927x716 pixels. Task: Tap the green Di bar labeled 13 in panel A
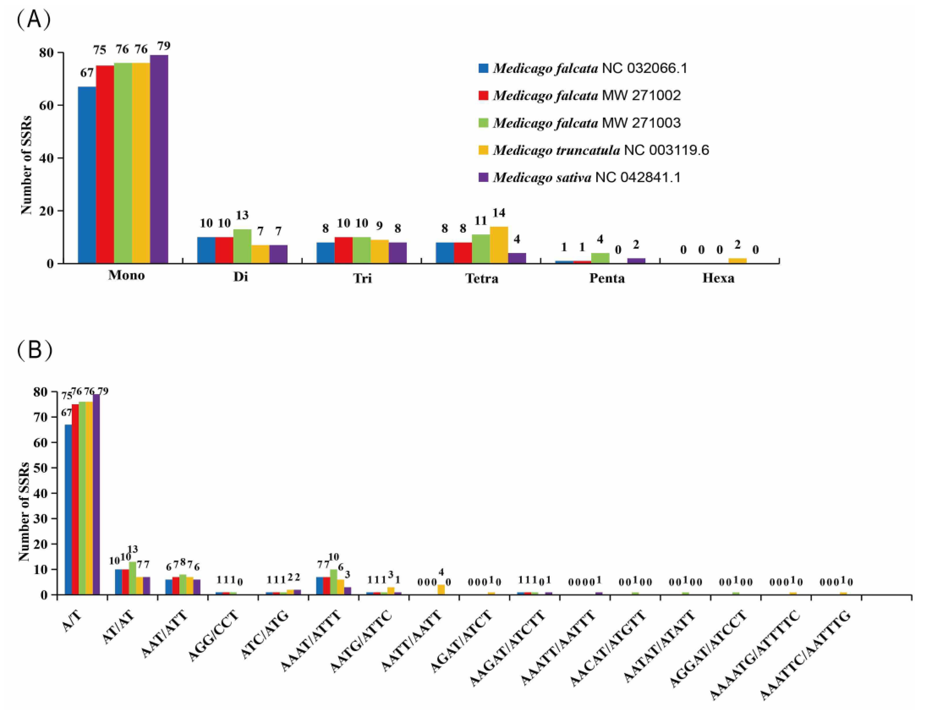tap(242, 246)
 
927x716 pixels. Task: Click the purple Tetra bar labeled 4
tap(517, 258)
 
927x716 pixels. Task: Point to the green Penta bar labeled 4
tap(600, 258)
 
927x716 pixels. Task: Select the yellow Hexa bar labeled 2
tap(738, 261)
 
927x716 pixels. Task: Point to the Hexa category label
tap(718, 278)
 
